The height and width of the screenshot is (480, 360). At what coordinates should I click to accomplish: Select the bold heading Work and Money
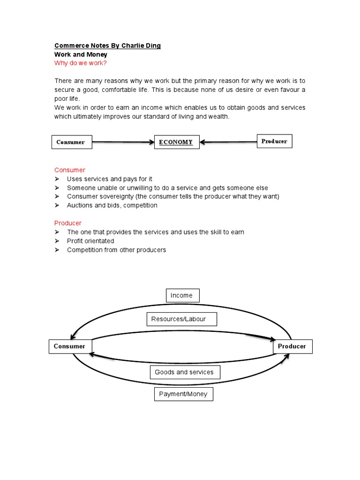81,54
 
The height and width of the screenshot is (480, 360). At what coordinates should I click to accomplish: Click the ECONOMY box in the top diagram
177,142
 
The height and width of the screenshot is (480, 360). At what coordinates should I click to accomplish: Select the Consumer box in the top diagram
71,142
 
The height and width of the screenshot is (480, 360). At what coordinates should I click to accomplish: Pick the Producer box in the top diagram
274,141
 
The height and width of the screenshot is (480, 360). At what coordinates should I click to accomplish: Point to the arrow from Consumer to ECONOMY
123,142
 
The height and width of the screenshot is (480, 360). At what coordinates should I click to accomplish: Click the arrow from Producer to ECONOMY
228,142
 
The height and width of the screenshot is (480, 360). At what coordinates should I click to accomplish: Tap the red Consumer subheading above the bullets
70,170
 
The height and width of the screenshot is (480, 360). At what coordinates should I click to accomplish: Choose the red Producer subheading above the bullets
68,223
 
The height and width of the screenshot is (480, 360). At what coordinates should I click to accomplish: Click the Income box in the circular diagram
182,295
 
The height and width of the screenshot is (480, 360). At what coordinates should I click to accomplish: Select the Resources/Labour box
181,319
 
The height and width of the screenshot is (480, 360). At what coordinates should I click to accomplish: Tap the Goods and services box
184,372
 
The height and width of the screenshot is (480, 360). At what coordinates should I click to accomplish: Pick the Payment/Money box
183,394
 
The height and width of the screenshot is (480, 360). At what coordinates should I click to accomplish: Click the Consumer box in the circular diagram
70,346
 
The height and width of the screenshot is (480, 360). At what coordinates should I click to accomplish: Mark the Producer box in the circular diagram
292,346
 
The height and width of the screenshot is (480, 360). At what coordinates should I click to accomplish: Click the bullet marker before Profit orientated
57,241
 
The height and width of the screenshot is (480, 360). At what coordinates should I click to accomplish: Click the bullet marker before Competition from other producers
57,250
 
